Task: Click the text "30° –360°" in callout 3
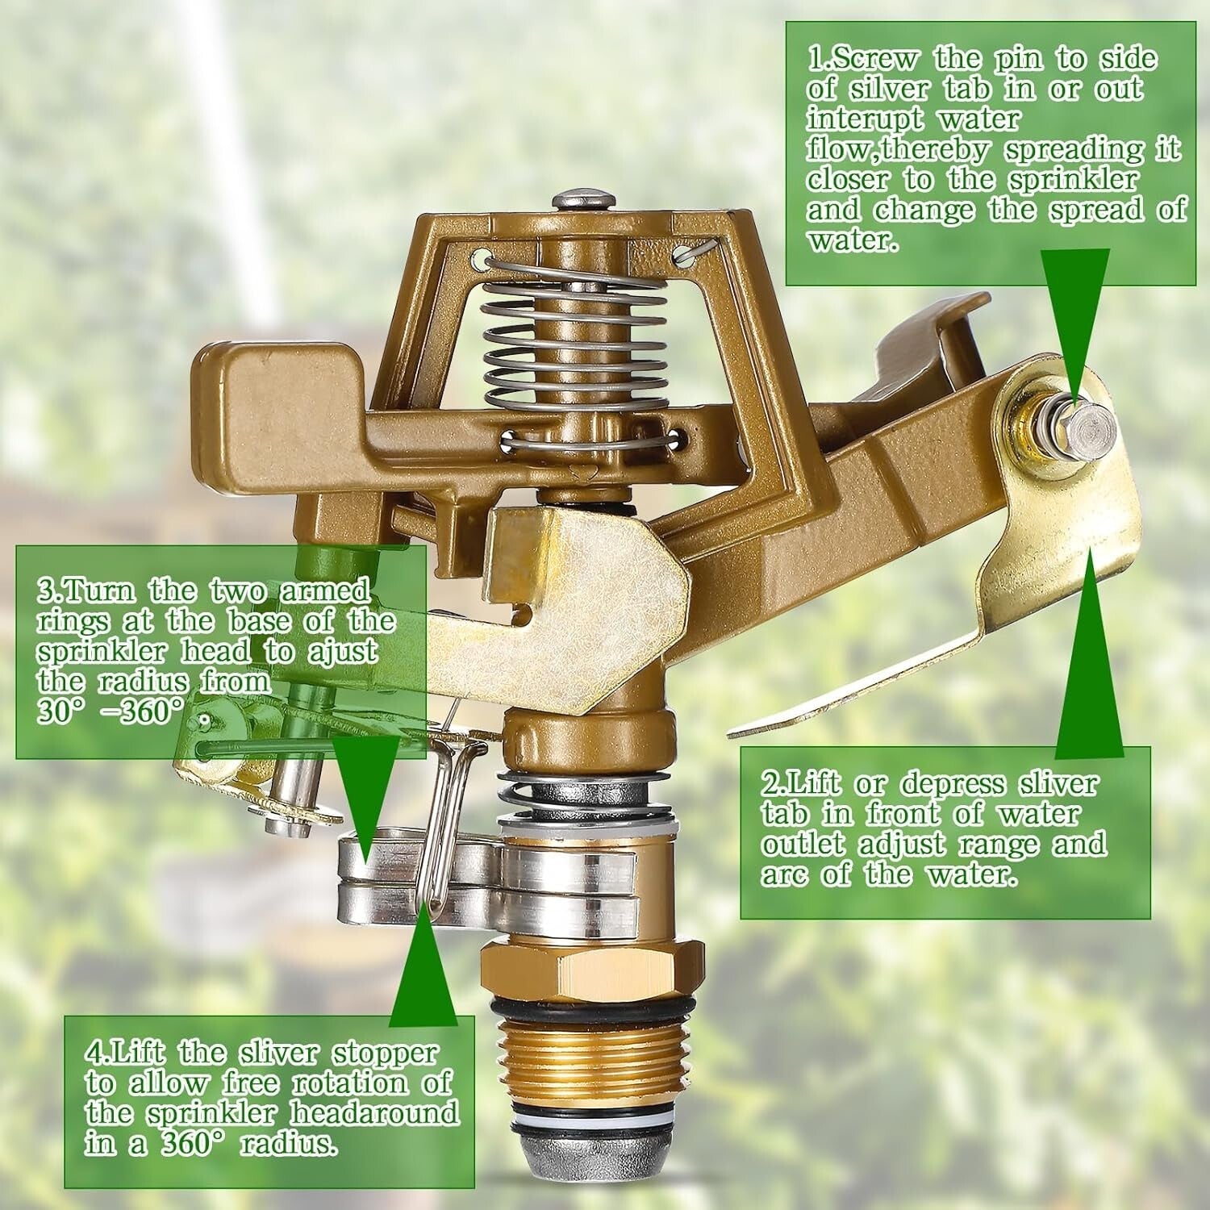point(109,712)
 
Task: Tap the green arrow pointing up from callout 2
point(1089,661)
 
